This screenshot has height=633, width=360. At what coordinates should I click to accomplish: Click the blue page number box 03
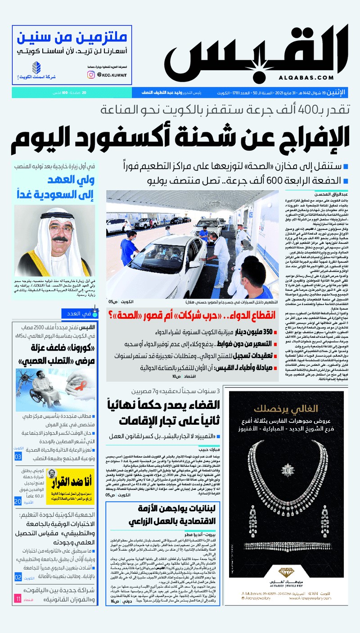tap(18, 457)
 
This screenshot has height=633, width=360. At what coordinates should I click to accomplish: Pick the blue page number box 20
tap(18, 501)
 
